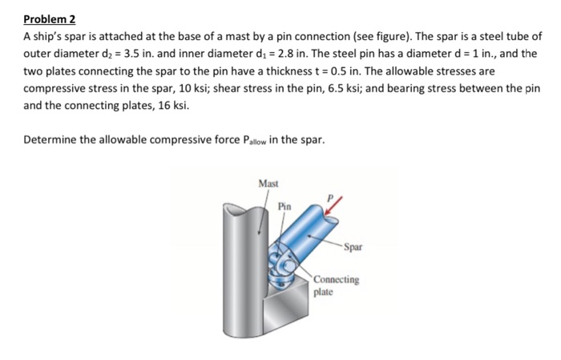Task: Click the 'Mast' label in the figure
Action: pos(268,184)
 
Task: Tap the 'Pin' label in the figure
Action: pos(285,206)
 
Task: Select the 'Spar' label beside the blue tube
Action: pos(353,247)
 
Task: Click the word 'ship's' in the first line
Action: pos(50,37)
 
